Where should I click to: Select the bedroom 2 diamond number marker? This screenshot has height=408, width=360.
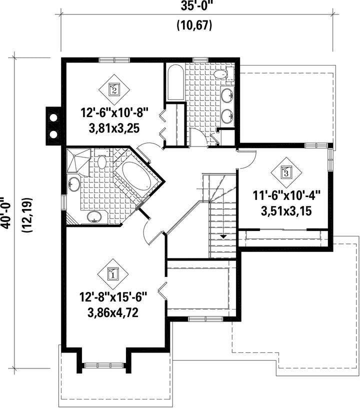(x=114, y=90)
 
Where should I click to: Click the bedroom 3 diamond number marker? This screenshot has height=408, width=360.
(x=286, y=172)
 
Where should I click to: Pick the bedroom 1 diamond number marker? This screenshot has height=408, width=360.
(x=113, y=274)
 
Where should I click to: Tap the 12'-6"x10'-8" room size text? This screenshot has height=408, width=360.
(x=114, y=113)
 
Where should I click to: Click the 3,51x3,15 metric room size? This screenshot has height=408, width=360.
(x=286, y=211)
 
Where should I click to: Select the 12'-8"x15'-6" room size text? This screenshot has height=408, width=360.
(x=113, y=297)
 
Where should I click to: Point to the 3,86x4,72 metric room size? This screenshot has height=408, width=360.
(x=113, y=313)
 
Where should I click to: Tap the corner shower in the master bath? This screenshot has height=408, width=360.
(x=78, y=160)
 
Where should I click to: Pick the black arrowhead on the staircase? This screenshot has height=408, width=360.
(x=223, y=236)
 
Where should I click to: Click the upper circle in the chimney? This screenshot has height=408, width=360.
(x=53, y=117)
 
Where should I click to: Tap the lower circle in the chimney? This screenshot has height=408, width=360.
(x=53, y=134)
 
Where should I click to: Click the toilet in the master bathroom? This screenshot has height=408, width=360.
(x=101, y=160)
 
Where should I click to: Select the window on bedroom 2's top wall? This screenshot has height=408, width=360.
(x=114, y=60)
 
